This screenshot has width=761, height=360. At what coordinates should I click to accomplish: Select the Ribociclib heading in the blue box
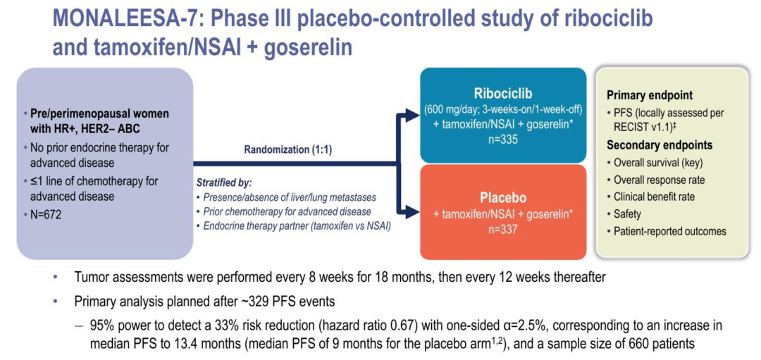(x=502, y=94)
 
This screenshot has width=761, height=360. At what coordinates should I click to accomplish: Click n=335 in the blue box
(x=502, y=139)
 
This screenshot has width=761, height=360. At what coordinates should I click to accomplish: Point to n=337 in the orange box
(x=502, y=229)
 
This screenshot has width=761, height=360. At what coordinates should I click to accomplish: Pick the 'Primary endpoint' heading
(x=649, y=95)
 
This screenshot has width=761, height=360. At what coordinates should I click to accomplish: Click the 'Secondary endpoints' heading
(x=659, y=145)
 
